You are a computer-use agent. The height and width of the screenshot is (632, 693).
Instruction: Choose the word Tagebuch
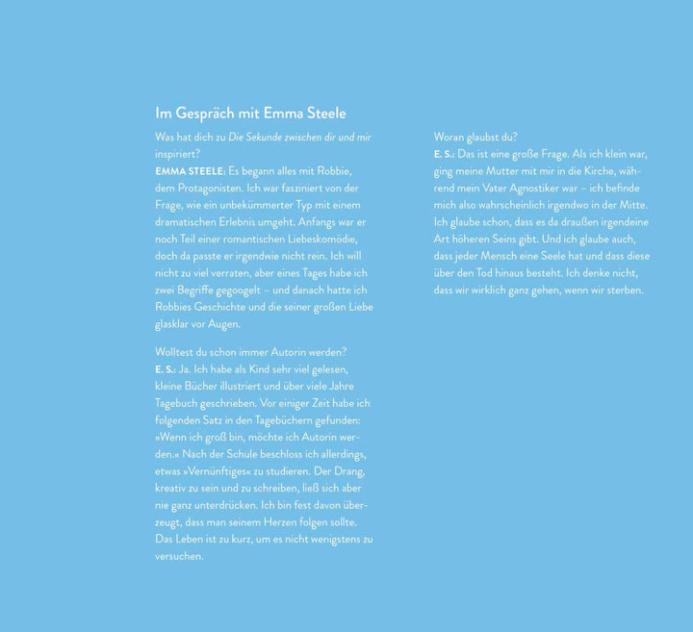coord(180,403)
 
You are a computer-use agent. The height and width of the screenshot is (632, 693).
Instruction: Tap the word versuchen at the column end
coord(178,556)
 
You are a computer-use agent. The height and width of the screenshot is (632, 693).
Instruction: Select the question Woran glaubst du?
coord(475,138)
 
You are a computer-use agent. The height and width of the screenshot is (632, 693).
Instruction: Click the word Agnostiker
coord(549,189)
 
